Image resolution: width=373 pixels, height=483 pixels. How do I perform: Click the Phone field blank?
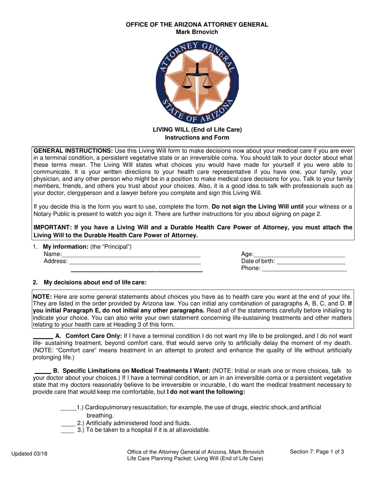pos(304,269)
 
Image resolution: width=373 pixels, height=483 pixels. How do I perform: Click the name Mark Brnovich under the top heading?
pos(197,32)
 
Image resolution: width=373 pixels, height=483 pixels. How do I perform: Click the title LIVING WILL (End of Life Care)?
pos(197,130)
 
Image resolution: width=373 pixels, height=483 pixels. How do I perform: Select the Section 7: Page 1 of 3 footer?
pos(317,452)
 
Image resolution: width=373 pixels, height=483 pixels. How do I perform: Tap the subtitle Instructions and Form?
pos(197,137)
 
